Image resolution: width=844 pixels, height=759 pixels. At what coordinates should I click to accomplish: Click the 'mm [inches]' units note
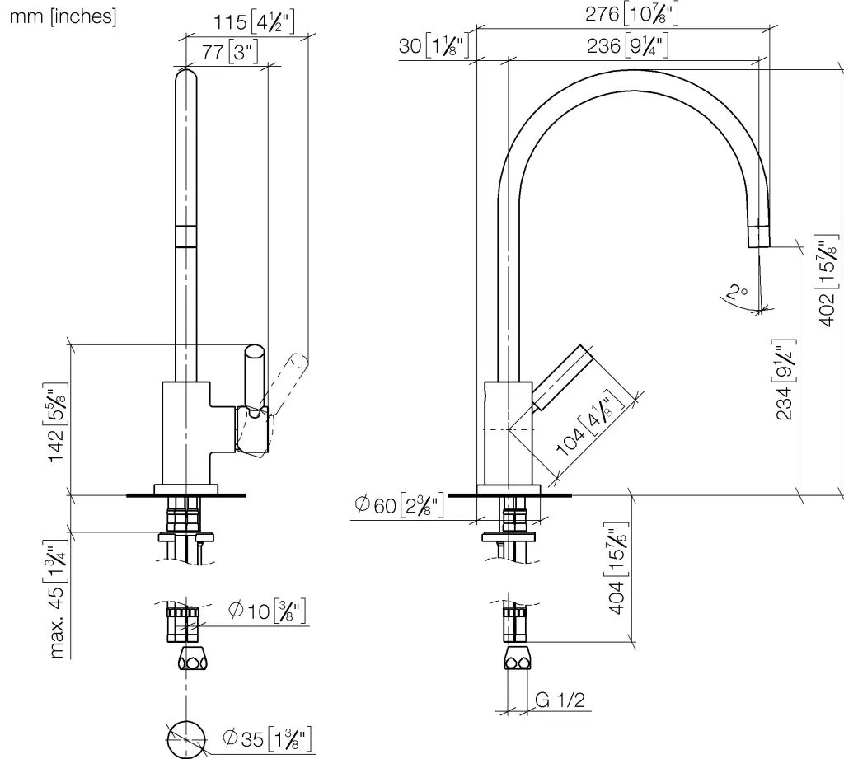[x=63, y=16]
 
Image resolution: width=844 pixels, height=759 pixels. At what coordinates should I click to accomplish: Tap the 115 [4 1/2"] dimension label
[x=254, y=22]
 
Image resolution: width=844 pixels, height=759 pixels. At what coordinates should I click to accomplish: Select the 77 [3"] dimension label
[x=230, y=52]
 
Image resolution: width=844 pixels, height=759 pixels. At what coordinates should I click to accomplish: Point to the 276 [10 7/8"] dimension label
[x=632, y=13]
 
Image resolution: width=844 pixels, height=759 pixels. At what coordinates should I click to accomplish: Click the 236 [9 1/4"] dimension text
[x=627, y=45]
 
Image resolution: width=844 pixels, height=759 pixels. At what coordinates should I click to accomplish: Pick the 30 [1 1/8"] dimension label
[x=434, y=45]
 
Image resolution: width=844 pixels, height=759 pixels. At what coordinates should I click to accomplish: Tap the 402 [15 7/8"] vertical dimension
[x=829, y=280]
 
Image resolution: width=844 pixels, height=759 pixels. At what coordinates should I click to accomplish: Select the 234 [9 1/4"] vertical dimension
[x=785, y=379]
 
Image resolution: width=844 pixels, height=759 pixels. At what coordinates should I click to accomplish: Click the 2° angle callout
[x=736, y=293]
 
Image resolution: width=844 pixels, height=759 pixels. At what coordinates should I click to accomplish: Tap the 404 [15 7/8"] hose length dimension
[x=617, y=569]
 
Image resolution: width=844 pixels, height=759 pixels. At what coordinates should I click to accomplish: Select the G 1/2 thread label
[x=560, y=700]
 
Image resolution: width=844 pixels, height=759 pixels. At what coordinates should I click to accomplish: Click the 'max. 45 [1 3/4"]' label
[x=56, y=598]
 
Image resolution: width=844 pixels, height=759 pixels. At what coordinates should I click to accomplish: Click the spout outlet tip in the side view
[x=759, y=237]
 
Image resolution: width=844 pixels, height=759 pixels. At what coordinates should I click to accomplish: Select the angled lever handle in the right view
[x=561, y=378]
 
